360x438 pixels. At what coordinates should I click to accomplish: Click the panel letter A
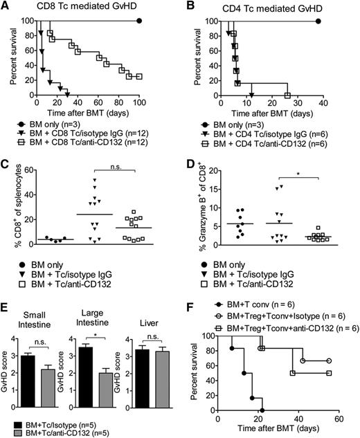click(x=6, y=7)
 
